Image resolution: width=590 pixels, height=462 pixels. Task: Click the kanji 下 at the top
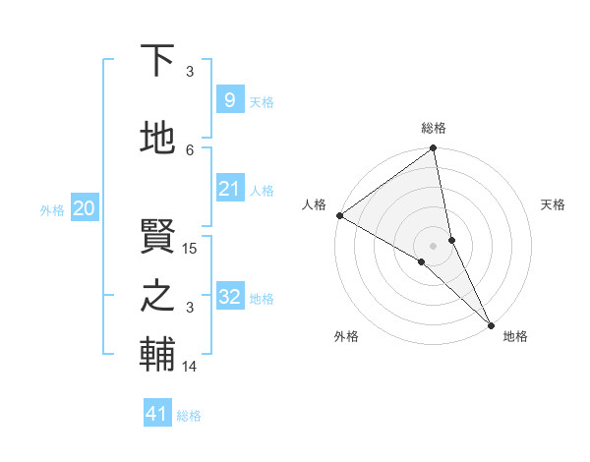tap(157, 62)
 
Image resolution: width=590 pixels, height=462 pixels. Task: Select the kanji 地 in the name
tap(157, 139)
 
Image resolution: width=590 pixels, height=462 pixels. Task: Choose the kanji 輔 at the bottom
tap(157, 355)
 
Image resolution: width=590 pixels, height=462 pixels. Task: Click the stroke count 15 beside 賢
tap(191, 249)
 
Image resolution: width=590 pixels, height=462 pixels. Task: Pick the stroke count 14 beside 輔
tap(191, 367)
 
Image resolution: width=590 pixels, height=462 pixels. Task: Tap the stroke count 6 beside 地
tap(191, 149)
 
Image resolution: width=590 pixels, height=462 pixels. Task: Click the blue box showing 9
tap(229, 100)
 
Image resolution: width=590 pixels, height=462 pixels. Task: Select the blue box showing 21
tap(229, 189)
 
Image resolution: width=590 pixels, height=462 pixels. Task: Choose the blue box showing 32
tap(229, 297)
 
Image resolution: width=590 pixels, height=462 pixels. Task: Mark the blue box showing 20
tap(84, 208)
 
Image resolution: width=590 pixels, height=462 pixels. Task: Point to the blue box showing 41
tap(157, 414)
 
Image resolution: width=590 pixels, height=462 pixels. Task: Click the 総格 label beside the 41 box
tap(189, 416)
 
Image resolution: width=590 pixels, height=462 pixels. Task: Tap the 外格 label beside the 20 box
tap(52, 209)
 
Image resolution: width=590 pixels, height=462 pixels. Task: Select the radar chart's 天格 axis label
tap(554, 204)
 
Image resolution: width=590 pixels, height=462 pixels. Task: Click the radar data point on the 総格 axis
tap(433, 149)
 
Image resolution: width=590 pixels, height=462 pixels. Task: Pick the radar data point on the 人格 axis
tap(339, 215)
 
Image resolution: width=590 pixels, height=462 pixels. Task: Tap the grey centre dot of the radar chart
tap(433, 245)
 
